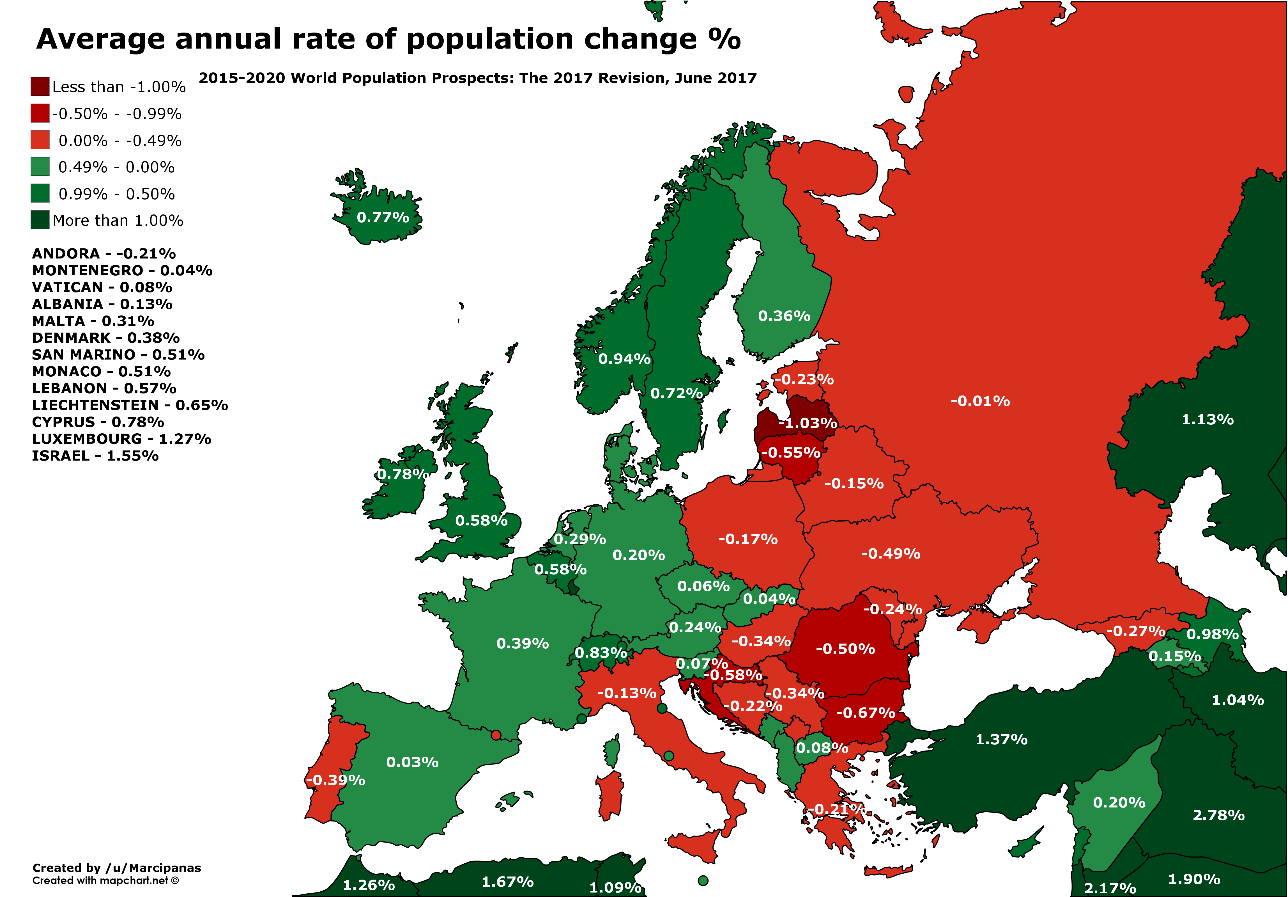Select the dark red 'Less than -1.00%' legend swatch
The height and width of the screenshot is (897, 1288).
40,86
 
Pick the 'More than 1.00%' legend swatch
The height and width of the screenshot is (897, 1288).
40,220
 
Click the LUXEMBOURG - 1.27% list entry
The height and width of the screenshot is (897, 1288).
121,439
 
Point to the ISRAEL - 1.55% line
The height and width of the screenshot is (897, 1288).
95,456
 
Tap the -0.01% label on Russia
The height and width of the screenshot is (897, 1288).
980,401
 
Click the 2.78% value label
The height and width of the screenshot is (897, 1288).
1218,815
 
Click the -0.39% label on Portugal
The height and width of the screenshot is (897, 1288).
335,780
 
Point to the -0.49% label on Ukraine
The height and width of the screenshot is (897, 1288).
891,554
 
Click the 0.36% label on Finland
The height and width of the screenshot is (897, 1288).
784,316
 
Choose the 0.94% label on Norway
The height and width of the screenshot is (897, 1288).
624,359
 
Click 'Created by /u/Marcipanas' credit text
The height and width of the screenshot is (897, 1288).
117,868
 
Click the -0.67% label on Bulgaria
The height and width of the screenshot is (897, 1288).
866,713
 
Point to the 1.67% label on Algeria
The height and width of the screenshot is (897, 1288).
508,882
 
